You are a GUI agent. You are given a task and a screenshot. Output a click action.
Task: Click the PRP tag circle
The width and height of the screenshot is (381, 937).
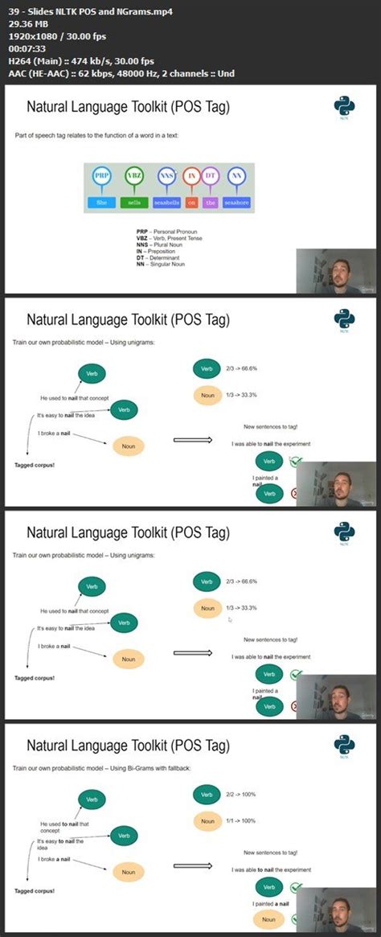tap(101, 176)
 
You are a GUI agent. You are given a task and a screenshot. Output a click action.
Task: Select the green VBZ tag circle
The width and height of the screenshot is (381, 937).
tap(134, 176)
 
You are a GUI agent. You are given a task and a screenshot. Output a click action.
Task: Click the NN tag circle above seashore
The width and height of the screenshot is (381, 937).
tap(236, 176)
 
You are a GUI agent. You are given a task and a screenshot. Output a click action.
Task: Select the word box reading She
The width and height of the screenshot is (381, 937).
tap(101, 203)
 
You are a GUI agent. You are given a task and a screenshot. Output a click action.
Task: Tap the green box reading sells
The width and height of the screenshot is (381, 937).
tap(134, 203)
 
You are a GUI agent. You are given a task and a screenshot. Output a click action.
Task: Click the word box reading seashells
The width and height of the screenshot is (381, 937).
tap(166, 203)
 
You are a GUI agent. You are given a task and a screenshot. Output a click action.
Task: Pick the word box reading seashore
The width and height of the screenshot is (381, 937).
tap(236, 203)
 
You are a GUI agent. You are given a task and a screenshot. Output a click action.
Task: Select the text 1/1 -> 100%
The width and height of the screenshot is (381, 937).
tap(243, 820)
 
